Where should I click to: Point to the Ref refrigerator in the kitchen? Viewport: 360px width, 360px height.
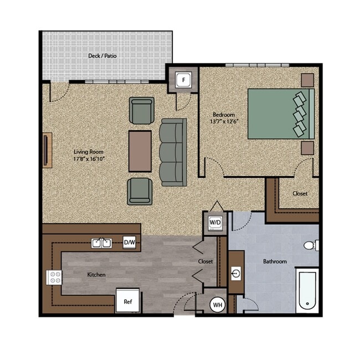(x=128, y=302)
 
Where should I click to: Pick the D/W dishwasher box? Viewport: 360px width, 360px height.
(x=129, y=242)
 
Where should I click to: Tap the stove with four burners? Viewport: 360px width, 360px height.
(x=54, y=277)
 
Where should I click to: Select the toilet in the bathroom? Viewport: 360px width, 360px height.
(x=311, y=245)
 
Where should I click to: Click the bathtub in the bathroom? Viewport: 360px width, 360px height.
(x=307, y=290)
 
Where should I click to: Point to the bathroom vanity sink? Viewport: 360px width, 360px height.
(x=236, y=272)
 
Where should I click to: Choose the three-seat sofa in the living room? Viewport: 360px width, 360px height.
(x=173, y=152)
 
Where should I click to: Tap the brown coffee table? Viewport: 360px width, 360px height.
(x=140, y=151)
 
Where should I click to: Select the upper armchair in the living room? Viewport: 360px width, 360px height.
(x=141, y=111)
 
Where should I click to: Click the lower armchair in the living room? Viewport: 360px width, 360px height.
(x=140, y=191)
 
